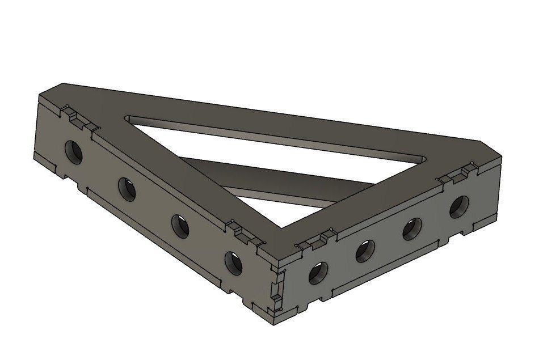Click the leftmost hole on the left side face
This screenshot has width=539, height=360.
[74, 151]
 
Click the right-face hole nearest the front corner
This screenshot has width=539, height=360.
[318, 273]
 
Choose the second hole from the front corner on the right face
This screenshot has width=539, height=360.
[365, 251]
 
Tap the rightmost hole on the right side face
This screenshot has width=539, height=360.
[459, 206]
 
